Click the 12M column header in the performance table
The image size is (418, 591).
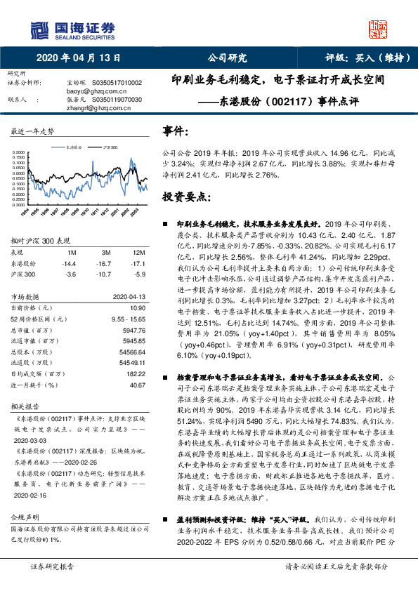click(x=138, y=252)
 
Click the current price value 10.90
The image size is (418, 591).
click(x=137, y=308)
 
